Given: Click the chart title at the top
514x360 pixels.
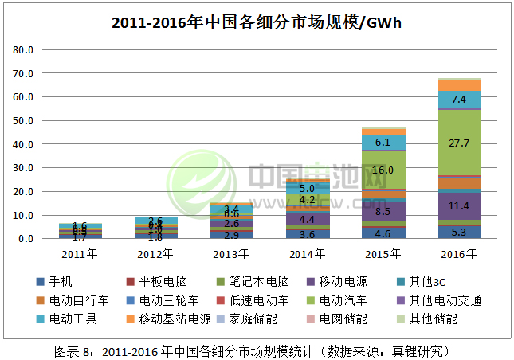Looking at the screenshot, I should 257,22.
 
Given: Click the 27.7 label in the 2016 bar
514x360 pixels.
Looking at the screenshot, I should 458,142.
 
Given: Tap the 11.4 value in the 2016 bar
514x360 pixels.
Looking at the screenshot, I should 458,206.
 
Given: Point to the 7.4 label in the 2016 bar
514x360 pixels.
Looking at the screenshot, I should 458,100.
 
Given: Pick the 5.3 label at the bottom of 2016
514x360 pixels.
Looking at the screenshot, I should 458,233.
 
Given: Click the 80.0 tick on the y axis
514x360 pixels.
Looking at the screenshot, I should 24,50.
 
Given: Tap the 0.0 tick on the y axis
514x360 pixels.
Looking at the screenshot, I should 26,239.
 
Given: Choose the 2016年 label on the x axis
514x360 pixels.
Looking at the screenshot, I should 458,254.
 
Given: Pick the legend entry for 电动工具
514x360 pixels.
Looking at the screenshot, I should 72,319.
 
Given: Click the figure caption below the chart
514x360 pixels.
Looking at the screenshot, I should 257,349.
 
